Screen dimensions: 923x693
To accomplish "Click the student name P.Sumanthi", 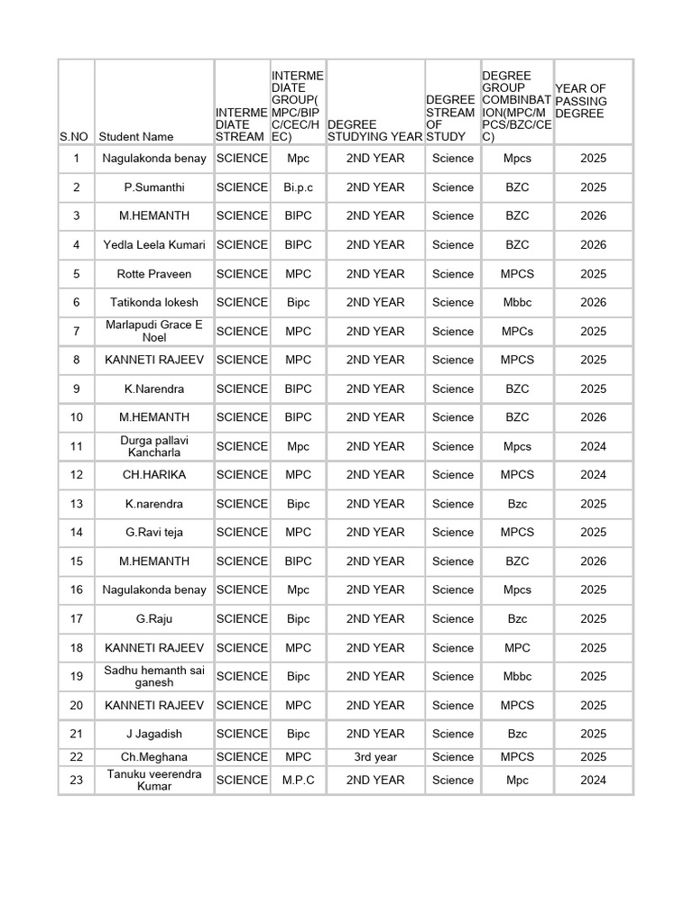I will [154, 187].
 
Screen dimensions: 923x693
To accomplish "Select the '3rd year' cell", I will [375, 757].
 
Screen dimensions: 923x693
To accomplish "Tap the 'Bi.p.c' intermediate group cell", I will [298, 187].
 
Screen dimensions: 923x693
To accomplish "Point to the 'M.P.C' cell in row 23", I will [298, 781].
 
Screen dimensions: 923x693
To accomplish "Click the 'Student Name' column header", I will [136, 137].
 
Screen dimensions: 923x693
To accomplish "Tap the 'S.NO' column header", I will [74, 137].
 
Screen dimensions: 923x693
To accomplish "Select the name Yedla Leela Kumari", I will [154, 245].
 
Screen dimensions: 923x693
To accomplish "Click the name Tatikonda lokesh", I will [154, 303].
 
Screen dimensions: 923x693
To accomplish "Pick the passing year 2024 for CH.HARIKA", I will [593, 475].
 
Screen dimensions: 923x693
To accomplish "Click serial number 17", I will [77, 619].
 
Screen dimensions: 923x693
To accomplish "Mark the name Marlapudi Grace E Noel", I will [154, 331].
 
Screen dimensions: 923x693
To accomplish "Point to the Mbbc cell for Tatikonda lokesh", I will [517, 303].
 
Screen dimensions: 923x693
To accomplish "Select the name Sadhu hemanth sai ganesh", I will [154, 676].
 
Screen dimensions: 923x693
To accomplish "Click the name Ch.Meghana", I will [154, 757].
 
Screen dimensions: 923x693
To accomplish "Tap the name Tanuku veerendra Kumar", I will [154, 781].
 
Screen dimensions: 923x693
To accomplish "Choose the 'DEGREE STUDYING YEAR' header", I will [375, 130].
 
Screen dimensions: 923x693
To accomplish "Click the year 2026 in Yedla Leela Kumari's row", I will [593, 245].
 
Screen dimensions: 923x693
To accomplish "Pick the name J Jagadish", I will [154, 734].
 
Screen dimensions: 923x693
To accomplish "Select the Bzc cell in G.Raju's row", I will [517, 619].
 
